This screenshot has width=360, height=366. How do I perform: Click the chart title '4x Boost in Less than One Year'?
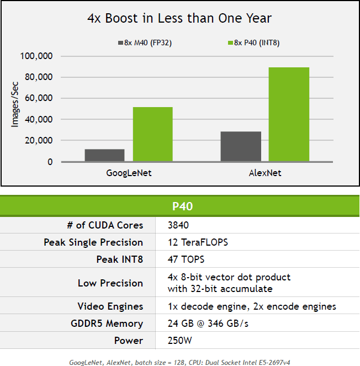(179, 18)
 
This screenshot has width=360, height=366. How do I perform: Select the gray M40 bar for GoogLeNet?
(104, 155)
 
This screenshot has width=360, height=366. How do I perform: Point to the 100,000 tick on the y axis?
(36, 56)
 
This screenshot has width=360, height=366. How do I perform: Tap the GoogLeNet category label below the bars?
(129, 173)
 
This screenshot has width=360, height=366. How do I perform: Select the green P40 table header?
(179, 206)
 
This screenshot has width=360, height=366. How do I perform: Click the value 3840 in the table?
(179, 225)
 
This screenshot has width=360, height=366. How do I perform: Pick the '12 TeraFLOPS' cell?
(197, 242)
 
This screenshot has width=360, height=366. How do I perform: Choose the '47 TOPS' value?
(187, 259)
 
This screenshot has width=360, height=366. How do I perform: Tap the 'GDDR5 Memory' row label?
(109, 323)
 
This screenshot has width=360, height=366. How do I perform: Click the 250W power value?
(179, 341)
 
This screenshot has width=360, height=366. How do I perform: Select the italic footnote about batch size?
(179, 362)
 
